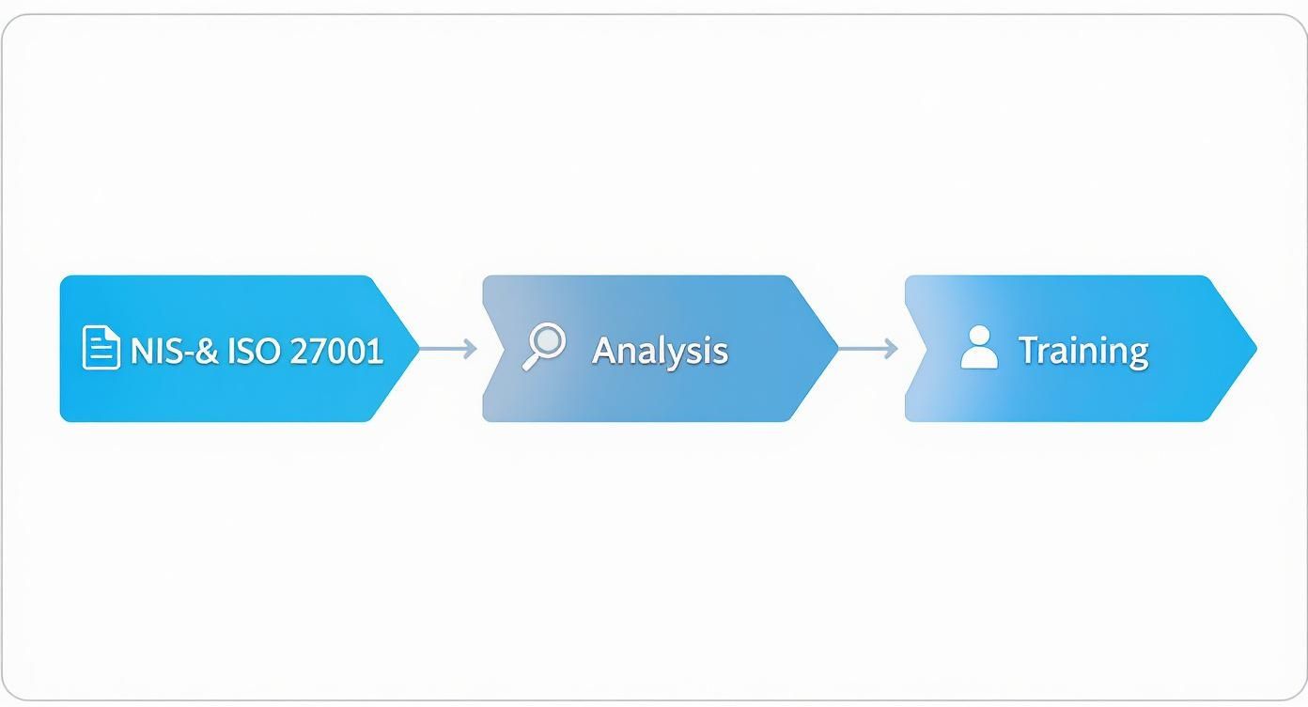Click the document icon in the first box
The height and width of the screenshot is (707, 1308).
pos(101,348)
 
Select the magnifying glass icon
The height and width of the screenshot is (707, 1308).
pos(544,346)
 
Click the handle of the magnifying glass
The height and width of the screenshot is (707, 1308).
pos(531,362)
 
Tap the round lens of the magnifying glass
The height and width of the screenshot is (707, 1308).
pos(549,339)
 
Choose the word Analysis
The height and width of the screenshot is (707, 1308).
pos(660,351)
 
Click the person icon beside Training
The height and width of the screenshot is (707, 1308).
pos(979,348)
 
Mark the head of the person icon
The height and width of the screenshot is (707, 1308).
pos(979,335)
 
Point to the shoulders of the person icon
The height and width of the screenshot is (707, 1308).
pos(979,359)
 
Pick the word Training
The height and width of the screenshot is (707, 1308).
pos(1083,351)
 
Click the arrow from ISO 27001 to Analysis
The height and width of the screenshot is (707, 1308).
pos(447,349)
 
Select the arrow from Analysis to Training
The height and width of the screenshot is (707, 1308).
pos(867,349)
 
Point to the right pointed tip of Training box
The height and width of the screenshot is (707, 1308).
pos(1253,349)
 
